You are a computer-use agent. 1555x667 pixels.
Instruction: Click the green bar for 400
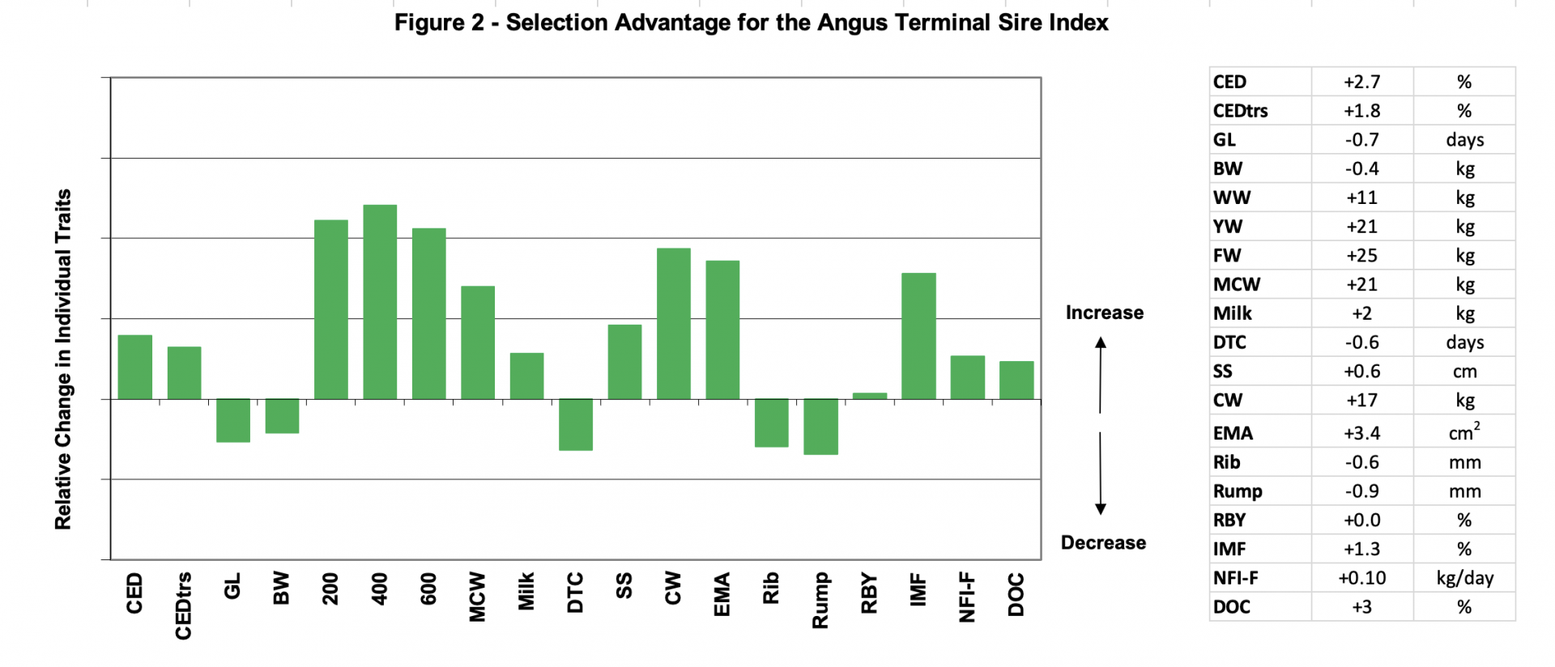pyautogui.click(x=380, y=302)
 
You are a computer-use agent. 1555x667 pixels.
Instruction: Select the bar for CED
pyautogui.click(x=134, y=367)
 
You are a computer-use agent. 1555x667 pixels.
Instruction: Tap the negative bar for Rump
pyautogui.click(x=820, y=427)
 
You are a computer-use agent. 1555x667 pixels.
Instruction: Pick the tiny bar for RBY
pyautogui.click(x=870, y=396)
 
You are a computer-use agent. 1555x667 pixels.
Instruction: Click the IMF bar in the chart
pyautogui.click(x=918, y=336)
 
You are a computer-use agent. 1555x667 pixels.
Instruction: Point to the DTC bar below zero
pyautogui.click(x=576, y=424)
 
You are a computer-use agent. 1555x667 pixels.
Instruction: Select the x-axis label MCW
pyautogui.click(x=478, y=597)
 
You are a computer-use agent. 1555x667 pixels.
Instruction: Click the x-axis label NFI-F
pyautogui.click(x=967, y=597)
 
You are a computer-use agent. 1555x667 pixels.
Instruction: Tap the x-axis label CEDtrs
pyautogui.click(x=184, y=605)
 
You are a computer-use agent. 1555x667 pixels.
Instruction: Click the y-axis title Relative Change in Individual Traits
pyautogui.click(x=63, y=359)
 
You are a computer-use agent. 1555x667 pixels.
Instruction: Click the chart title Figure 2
pyautogui.click(x=751, y=22)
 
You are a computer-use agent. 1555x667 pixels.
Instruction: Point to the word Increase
pyautogui.click(x=1104, y=312)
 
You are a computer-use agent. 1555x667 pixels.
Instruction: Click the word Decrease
pyautogui.click(x=1103, y=542)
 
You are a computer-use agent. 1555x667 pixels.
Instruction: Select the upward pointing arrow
pyautogui.click(x=1101, y=374)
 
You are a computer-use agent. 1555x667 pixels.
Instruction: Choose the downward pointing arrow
pyautogui.click(x=1101, y=474)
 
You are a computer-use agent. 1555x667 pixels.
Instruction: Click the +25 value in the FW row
pyautogui.click(x=1361, y=256)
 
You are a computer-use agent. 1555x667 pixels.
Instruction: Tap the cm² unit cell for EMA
pyautogui.click(x=1463, y=433)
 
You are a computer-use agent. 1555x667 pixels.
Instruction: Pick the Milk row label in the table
pyautogui.click(x=1232, y=313)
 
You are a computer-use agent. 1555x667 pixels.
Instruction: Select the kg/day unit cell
pyautogui.click(x=1464, y=578)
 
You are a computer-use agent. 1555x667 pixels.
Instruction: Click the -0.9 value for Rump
pyautogui.click(x=1361, y=491)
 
